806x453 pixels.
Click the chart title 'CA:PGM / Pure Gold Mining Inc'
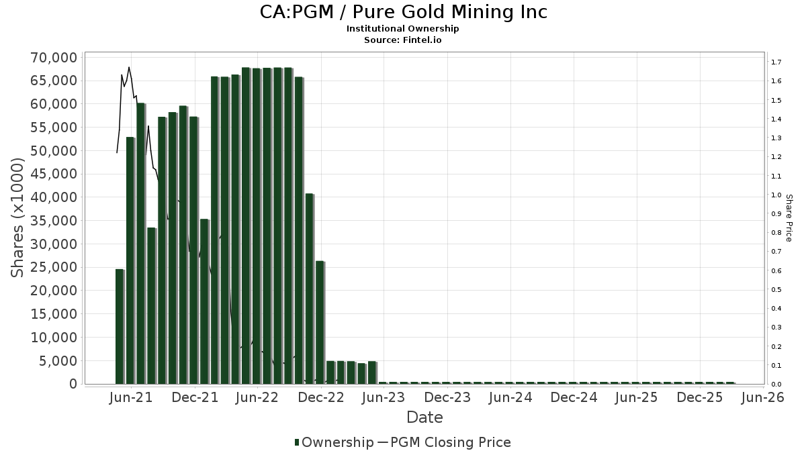click(403, 12)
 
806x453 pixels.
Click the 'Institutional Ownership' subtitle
click(403, 29)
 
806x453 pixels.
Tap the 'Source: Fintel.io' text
click(403, 40)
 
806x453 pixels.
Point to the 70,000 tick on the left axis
click(53, 58)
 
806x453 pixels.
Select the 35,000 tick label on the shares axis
click(53, 221)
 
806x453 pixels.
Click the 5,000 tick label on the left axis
click(57, 361)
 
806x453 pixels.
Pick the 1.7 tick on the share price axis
click(776, 62)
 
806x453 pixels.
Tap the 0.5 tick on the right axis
click(776, 290)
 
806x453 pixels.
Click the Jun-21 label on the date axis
click(130, 397)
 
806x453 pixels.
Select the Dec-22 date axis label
click(321, 397)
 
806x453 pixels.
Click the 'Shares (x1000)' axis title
click(18, 218)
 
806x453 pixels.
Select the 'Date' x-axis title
click(424, 417)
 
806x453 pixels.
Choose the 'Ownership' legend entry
click(334, 442)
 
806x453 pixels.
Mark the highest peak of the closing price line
click(129, 67)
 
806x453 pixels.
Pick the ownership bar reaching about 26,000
click(320, 322)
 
